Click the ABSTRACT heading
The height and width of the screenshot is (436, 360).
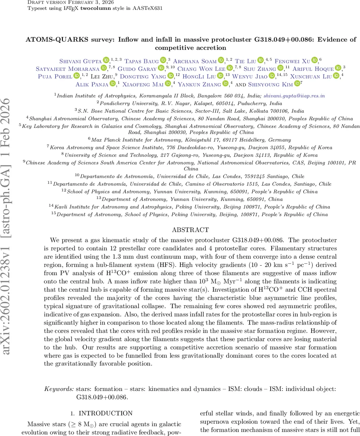pos(190,230)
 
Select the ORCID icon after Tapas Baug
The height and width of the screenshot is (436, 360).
pos(163,60)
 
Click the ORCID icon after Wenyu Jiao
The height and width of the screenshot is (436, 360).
pos(272,76)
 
